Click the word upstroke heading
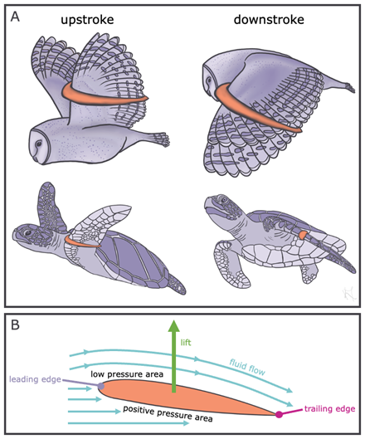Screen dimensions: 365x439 (x=87, y=21)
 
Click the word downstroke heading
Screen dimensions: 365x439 (x=269, y=20)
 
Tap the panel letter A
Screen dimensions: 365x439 (x=15, y=17)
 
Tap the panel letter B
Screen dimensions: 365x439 (x=15, y=324)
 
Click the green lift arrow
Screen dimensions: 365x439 (x=174, y=356)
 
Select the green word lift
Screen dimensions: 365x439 (x=186, y=342)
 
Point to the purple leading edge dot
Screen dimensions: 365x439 (x=100, y=386)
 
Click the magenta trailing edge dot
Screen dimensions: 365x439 (x=279, y=414)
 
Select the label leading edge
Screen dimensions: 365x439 (x=36, y=379)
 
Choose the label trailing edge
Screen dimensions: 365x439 (x=329, y=409)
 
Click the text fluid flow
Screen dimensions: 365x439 (x=247, y=367)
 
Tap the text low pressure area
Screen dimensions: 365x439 (x=127, y=374)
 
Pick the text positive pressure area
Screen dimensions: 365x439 (x=168, y=414)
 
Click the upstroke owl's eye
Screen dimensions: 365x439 (x=38, y=144)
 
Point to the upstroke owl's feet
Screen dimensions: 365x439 (x=161, y=139)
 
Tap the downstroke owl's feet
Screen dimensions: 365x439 (x=348, y=87)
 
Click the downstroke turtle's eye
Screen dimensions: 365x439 (x=224, y=200)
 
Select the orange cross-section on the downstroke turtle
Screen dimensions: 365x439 (x=302, y=235)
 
